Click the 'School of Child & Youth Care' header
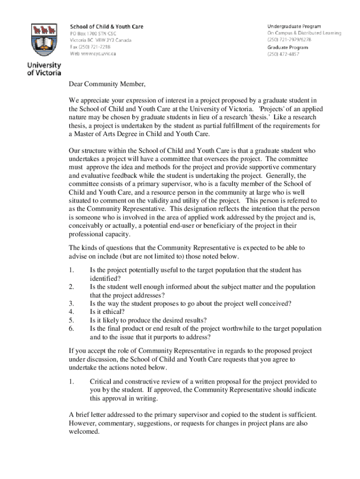(107, 27)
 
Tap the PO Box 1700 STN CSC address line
(93, 34)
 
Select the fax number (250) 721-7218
(90, 47)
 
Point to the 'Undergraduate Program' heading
(294, 26)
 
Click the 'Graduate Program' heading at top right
(288, 47)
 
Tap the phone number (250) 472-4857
(283, 54)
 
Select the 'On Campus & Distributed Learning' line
(304, 33)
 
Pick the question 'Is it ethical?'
(107, 312)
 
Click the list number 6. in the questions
(72, 329)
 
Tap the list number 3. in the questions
(72, 303)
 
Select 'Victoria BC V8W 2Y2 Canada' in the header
(101, 40)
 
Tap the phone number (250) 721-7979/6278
(290, 40)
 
